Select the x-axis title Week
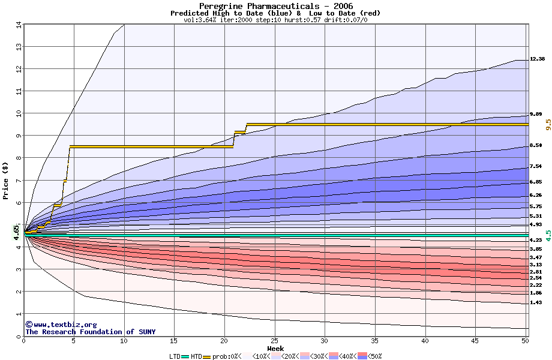pyautogui.click(x=275, y=349)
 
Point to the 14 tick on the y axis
pyautogui.click(x=19, y=25)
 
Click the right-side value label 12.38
pyautogui.click(x=537, y=59)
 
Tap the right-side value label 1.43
pyautogui.click(x=535, y=303)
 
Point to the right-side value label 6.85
pyautogui.click(x=535, y=182)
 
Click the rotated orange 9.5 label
pyautogui.click(x=548, y=124)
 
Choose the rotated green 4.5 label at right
pyautogui.click(x=548, y=235)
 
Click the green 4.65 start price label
pyautogui.click(x=17, y=232)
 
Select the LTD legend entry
pyautogui.click(x=176, y=356)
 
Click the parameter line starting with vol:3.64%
pyautogui.click(x=275, y=20)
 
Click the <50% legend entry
pyautogui.click(x=371, y=356)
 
